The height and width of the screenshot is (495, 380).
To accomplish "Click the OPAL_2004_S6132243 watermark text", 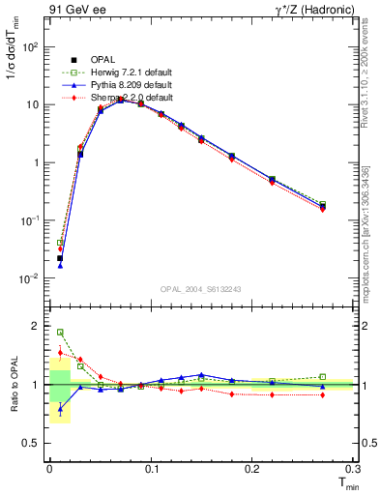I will tap(201, 289).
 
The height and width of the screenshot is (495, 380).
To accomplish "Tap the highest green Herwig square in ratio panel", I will tap(60, 333).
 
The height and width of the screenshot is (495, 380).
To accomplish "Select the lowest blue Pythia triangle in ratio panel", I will tap(60, 409).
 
